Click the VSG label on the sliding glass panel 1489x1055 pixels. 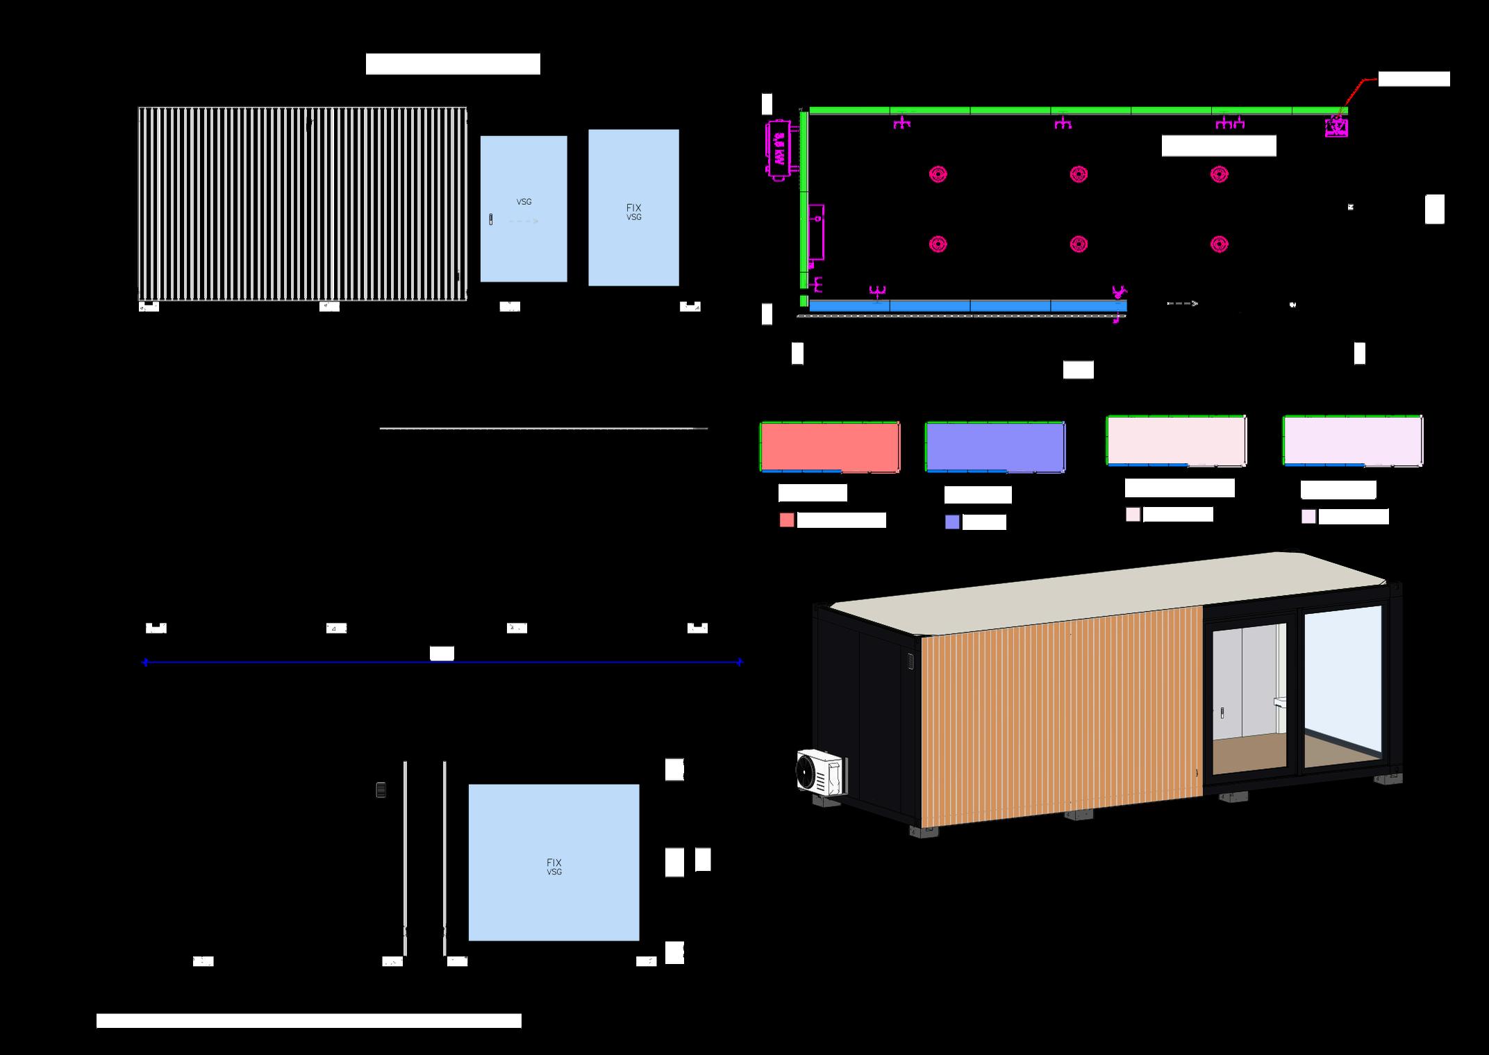pos(524,202)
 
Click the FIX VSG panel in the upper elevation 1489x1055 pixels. pos(633,208)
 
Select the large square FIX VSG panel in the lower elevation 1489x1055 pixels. pos(554,862)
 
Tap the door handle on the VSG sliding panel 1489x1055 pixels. pos(491,220)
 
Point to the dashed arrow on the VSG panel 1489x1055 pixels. pos(524,222)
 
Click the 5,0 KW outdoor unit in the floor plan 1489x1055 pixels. pos(779,151)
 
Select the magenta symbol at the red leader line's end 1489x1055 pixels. pos(1336,127)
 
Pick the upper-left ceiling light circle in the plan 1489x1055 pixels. pos(938,174)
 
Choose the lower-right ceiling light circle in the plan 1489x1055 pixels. pos(1219,244)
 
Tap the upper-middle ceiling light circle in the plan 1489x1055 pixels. pos(1078,174)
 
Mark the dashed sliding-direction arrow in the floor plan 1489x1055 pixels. pos(1182,304)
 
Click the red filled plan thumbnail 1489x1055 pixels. pos(830,447)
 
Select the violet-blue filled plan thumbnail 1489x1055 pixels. pos(995,447)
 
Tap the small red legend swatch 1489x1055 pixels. pos(787,520)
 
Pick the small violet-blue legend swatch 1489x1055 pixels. pos(952,522)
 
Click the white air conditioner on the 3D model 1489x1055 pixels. pos(821,771)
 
